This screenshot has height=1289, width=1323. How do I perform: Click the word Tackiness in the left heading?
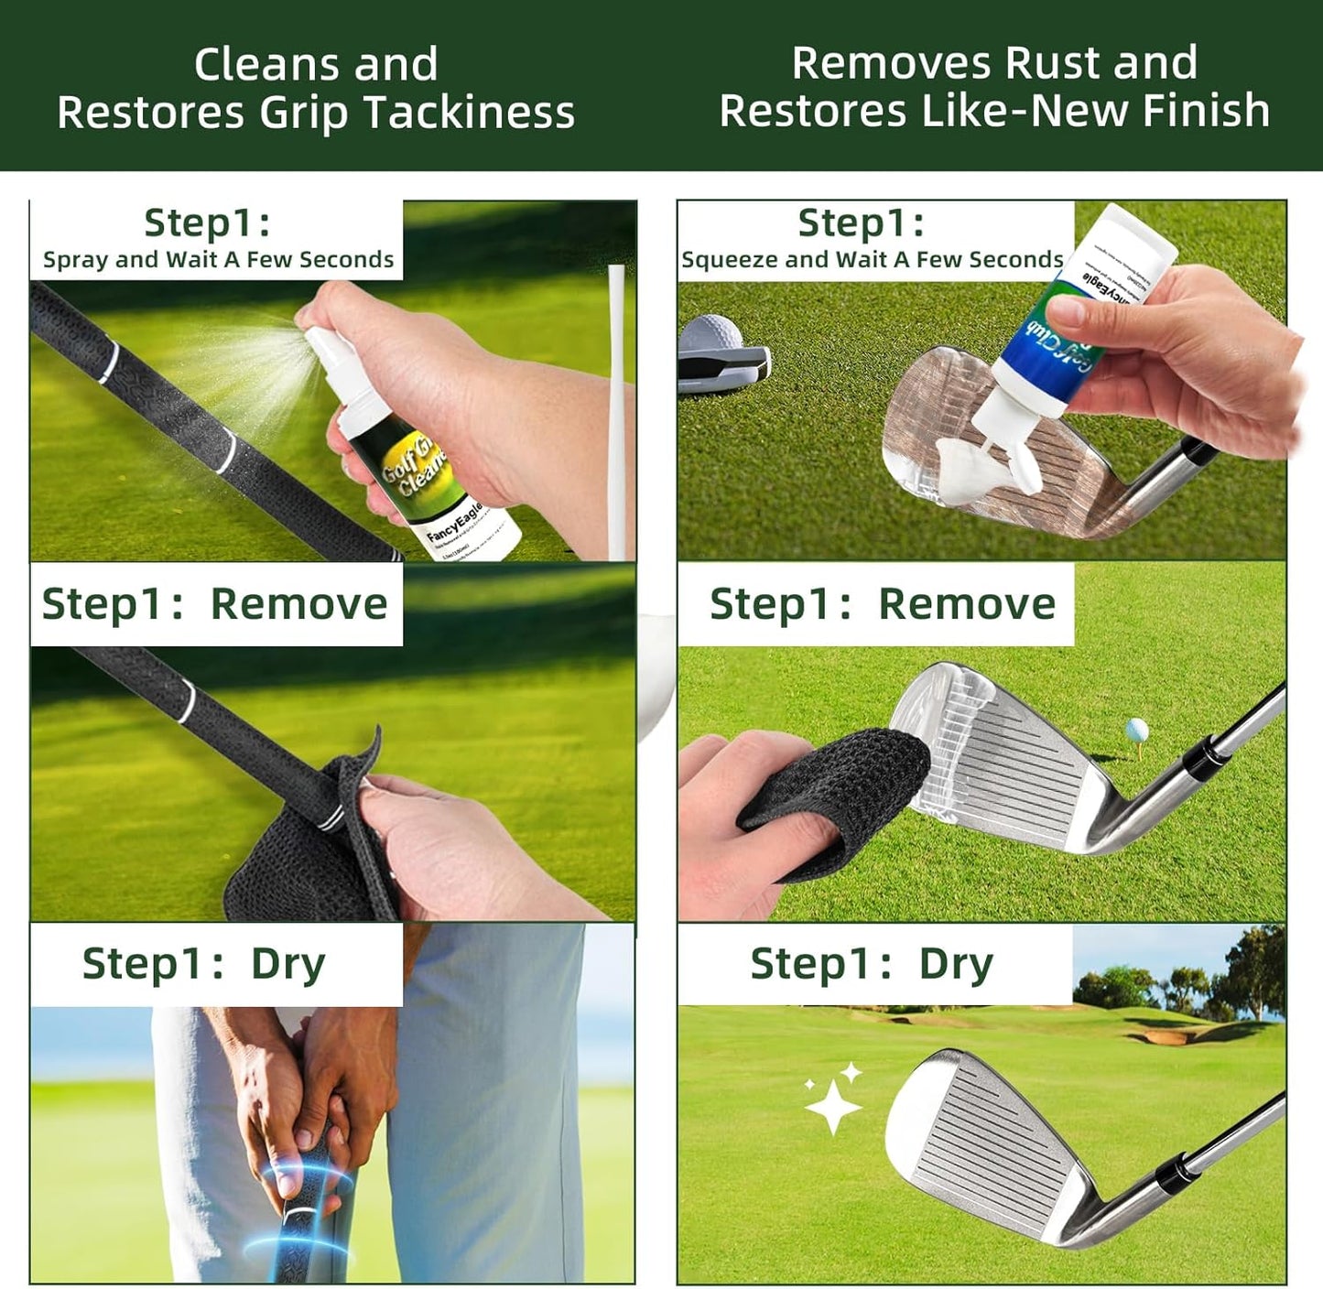click(x=468, y=114)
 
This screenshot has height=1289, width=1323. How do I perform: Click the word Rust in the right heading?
click(x=1053, y=63)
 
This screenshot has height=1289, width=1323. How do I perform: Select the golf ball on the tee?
click(x=1135, y=730)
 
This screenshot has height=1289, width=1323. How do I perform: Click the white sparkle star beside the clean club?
click(x=831, y=1103)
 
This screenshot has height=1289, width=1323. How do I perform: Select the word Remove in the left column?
click(x=298, y=604)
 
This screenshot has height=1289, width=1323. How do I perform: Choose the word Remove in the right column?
click(x=966, y=604)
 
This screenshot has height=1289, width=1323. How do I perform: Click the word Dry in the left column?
click(x=288, y=964)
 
